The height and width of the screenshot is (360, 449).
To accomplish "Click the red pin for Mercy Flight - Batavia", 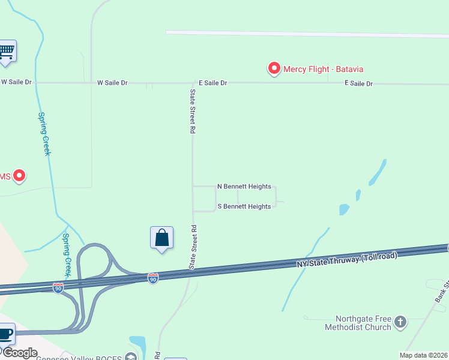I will point(274,68).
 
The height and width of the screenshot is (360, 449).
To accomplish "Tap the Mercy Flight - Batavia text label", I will point(324,70).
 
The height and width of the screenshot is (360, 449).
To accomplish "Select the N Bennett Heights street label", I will point(244,187).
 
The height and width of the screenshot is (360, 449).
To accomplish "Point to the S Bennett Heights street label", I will point(244,206).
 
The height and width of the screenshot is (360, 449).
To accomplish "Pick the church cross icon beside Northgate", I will point(400,322).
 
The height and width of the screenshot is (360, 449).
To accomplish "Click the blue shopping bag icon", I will point(161,238).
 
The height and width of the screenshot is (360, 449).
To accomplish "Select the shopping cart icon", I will point(7,51).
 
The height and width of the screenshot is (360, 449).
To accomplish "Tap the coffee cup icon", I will point(6,333).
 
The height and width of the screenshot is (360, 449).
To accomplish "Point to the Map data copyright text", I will point(423,355).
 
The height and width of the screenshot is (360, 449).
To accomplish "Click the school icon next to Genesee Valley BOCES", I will point(130,357).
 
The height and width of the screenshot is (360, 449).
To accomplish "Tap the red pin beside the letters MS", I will point(19,176).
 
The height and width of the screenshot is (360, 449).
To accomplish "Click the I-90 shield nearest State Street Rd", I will point(153,278).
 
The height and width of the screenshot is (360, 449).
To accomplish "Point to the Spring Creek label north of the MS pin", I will point(44,134).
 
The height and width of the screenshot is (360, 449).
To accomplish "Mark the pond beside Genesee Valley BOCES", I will point(137,344).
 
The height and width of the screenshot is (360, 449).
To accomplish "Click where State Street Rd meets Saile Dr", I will point(193,83).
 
